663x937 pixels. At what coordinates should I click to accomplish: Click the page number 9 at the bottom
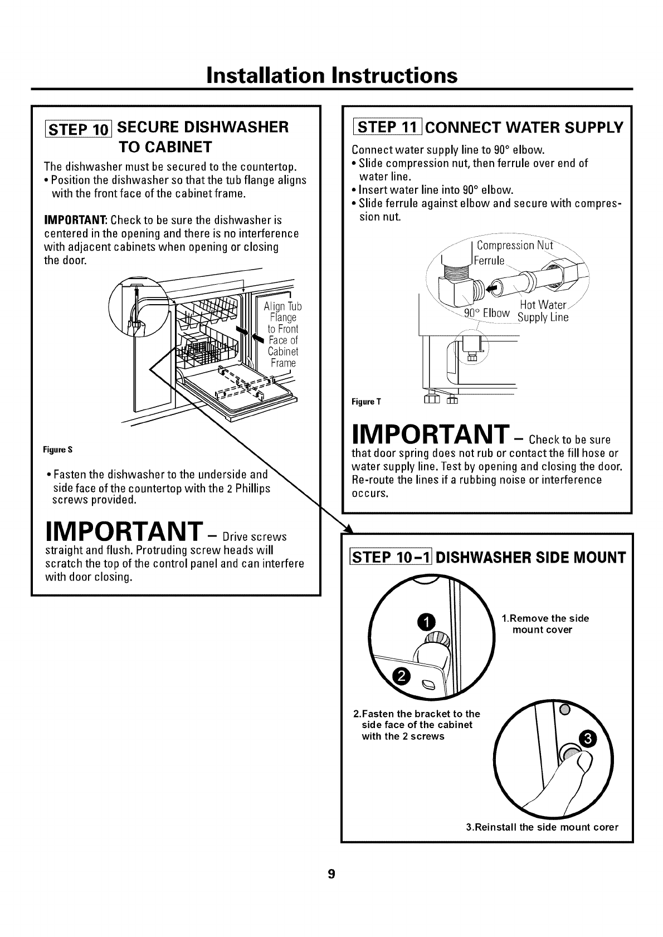(331, 873)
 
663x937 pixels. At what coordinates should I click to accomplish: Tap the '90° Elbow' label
(487, 313)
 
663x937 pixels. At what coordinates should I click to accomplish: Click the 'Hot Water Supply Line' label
(543, 311)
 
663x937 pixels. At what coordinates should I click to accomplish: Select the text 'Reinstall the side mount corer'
(542, 827)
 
